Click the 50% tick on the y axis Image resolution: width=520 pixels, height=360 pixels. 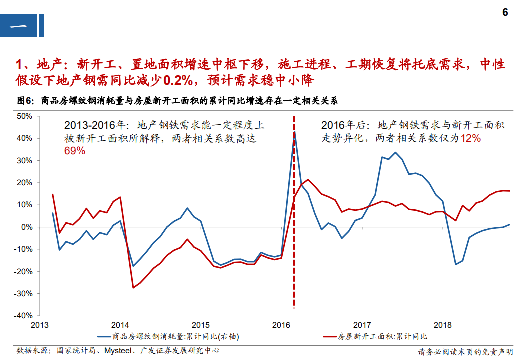(x=24, y=116)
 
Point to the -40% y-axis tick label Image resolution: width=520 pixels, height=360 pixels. (x=23, y=316)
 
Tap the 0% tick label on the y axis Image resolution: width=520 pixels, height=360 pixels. (x=26, y=227)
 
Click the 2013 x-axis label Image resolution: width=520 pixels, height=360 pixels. (x=40, y=325)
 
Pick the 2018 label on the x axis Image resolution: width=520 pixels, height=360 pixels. (x=443, y=325)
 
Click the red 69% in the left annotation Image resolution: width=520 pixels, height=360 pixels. (x=74, y=150)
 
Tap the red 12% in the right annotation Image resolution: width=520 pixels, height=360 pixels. (x=470, y=138)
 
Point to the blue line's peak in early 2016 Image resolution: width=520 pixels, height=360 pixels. (x=295, y=132)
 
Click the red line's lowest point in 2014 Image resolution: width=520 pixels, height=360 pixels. (x=133, y=287)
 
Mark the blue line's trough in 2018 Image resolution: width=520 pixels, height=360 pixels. (x=455, y=264)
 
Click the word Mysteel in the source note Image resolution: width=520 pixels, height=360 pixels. (x=119, y=351)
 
